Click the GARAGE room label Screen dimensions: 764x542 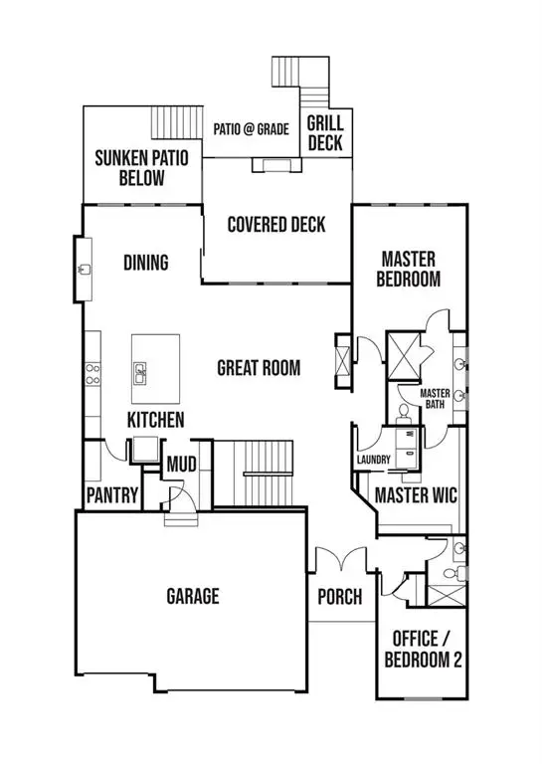pos(192,596)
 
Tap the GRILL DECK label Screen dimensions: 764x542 pos(324,132)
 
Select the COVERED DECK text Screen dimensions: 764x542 pos(275,224)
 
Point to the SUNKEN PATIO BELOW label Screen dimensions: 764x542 pos(142,168)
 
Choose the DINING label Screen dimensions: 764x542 pos(145,263)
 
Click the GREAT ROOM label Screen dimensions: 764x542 pos(259,368)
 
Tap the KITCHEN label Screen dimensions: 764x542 pos(154,420)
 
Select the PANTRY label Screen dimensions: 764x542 pos(110,494)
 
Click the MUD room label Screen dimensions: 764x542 pos(180,465)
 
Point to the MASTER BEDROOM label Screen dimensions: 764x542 pos(408,269)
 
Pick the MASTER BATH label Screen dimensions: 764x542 pos(436,398)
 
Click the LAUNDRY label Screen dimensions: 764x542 pos(373,460)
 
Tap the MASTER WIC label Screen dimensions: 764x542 pos(415,494)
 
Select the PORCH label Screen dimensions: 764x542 pos(339,597)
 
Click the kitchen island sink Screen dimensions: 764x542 pos(141,373)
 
